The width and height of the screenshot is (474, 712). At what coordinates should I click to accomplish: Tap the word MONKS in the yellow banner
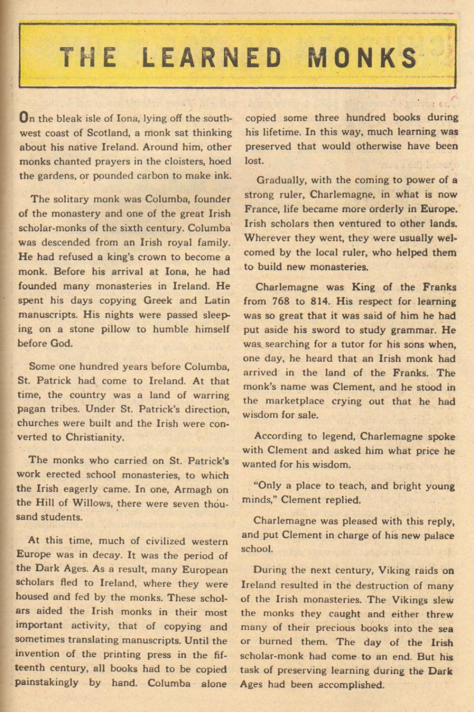[x=363, y=57]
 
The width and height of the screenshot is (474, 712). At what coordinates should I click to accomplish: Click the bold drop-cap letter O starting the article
[x=23, y=118]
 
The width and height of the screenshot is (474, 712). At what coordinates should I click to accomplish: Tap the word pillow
[x=113, y=329]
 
